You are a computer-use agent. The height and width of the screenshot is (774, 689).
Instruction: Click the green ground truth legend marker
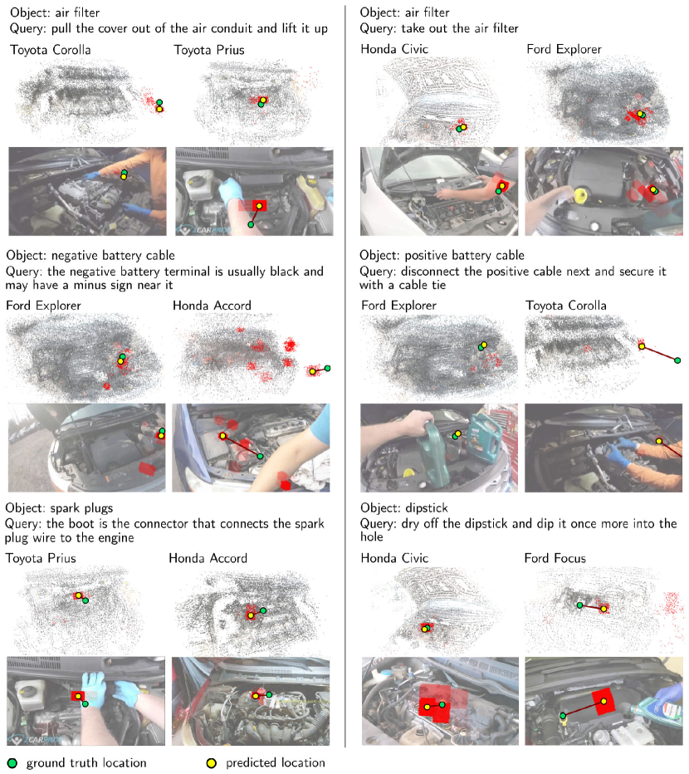(12, 763)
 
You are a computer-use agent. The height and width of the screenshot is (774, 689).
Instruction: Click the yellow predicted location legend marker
(211, 763)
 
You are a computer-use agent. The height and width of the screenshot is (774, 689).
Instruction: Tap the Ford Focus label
(555, 558)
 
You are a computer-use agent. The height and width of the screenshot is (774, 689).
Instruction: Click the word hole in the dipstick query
(372, 536)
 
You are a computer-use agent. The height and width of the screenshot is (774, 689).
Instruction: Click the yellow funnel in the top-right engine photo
(582, 195)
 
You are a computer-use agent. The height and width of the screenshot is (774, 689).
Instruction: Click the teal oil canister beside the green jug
(485, 438)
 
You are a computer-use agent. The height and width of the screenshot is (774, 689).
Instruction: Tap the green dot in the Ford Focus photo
(563, 715)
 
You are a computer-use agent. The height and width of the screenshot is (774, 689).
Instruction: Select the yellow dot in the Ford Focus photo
(603, 701)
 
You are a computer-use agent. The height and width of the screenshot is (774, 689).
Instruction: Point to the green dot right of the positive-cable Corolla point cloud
(677, 360)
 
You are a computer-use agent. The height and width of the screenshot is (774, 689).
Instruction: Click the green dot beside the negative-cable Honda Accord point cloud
(328, 368)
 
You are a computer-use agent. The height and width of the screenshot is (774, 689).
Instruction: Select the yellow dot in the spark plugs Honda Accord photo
(255, 696)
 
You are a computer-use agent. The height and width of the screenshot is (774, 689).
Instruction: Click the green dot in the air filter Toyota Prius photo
(251, 224)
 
